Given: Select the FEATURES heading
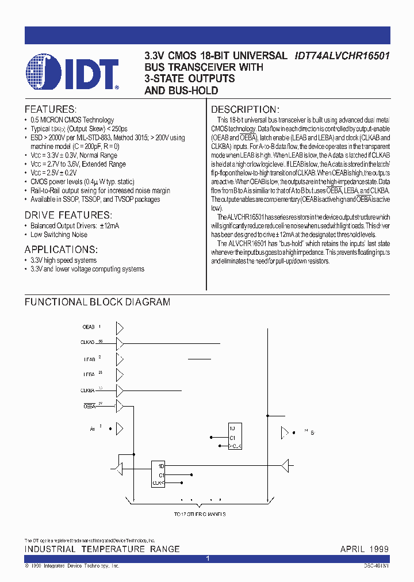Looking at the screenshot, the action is coord(50,109).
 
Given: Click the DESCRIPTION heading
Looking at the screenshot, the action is coord(245,109).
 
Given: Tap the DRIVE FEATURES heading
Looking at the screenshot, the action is coord(63,215).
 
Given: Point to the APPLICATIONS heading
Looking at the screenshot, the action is coord(61,250).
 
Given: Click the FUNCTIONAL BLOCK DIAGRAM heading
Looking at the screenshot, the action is coord(97,302).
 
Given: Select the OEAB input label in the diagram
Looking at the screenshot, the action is coord(89,327).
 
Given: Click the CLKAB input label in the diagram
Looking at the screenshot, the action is coord(87,343).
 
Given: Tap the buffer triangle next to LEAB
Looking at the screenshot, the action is coord(120,359).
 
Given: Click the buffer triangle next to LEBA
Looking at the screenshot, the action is coord(120,376).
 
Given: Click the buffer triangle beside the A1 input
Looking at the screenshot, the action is coord(120,429).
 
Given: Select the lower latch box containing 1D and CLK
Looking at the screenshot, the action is coord(158,475).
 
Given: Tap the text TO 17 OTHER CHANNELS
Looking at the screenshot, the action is coord(200,514).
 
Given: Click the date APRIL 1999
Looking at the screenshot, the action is coord(364,549).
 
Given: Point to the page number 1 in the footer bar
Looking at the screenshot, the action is coord(208,558).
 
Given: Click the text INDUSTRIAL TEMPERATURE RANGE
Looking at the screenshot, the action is coord(102,549).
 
